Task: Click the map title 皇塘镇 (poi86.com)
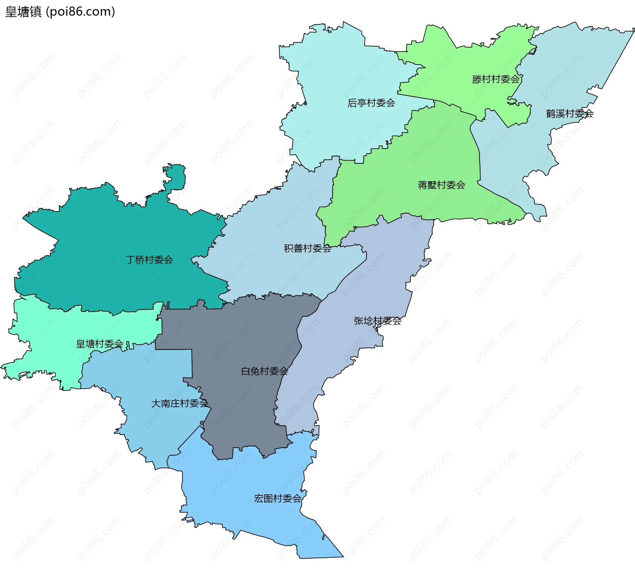pyautogui.click(x=60, y=12)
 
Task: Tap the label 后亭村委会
pyautogui.click(x=371, y=103)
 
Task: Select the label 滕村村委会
pyautogui.click(x=496, y=79)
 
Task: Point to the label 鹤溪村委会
pyautogui.click(x=570, y=114)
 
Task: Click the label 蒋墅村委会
pyautogui.click(x=441, y=185)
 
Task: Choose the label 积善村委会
pyautogui.click(x=308, y=248)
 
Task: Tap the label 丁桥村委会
pyautogui.click(x=149, y=260)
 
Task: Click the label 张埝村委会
pyautogui.click(x=377, y=321)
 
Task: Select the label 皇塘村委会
pyautogui.click(x=100, y=344)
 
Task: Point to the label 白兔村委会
pyautogui.click(x=264, y=371)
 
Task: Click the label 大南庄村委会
pyautogui.click(x=179, y=403)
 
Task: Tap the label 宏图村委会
pyautogui.click(x=277, y=498)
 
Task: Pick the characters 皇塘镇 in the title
pyautogui.click(x=23, y=12)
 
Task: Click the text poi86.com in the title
pyautogui.click(x=80, y=12)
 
